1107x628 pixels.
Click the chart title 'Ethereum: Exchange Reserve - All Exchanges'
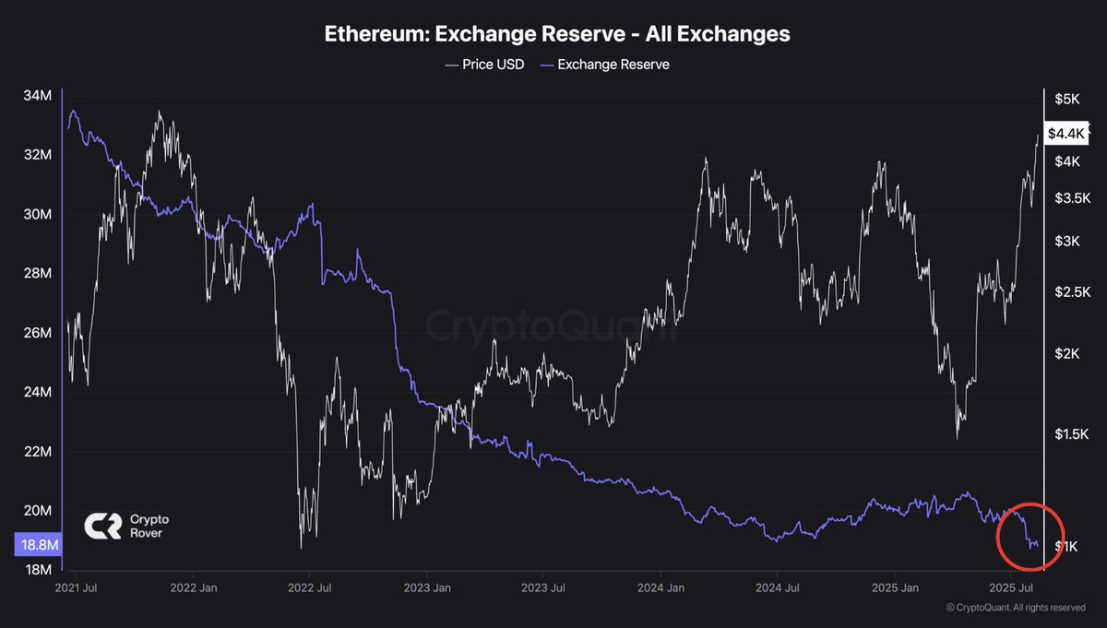[x=556, y=34]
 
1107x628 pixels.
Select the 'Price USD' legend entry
[x=484, y=65]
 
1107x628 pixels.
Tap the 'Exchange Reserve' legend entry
[x=605, y=65]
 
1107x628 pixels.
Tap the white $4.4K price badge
[x=1067, y=134]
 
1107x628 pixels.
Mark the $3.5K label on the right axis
[x=1070, y=198]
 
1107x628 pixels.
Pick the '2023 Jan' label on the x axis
[x=427, y=587]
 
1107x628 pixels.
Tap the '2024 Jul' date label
[x=777, y=587]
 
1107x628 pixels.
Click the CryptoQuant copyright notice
[x=1016, y=608]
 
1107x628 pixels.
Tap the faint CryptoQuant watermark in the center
[x=551, y=327]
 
